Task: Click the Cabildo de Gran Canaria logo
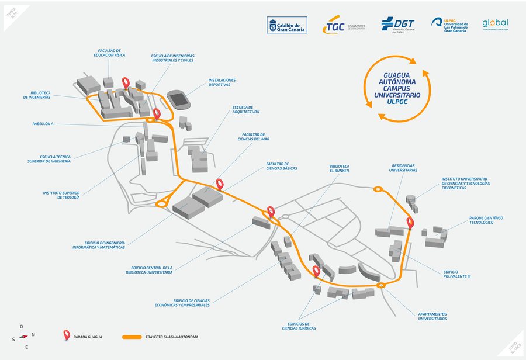pyautogui.click(x=287, y=25)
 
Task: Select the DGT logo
pyautogui.click(x=397, y=25)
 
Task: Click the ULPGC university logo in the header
pyautogui.click(x=449, y=25)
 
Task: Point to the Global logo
pyautogui.click(x=495, y=23)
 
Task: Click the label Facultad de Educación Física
pyautogui.click(x=109, y=53)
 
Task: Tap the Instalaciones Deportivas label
pyautogui.click(x=222, y=82)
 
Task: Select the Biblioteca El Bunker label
pyautogui.click(x=339, y=168)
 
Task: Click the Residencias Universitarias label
pyautogui.click(x=404, y=168)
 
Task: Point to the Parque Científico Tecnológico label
pyautogui.click(x=486, y=220)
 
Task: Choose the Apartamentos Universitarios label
pyautogui.click(x=432, y=316)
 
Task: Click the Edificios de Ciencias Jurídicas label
pyautogui.click(x=299, y=326)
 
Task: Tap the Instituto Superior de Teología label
pyautogui.click(x=61, y=195)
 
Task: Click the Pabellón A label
pyautogui.click(x=43, y=124)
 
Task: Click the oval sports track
pyautogui.click(x=179, y=99)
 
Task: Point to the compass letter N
pyautogui.click(x=33, y=335)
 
